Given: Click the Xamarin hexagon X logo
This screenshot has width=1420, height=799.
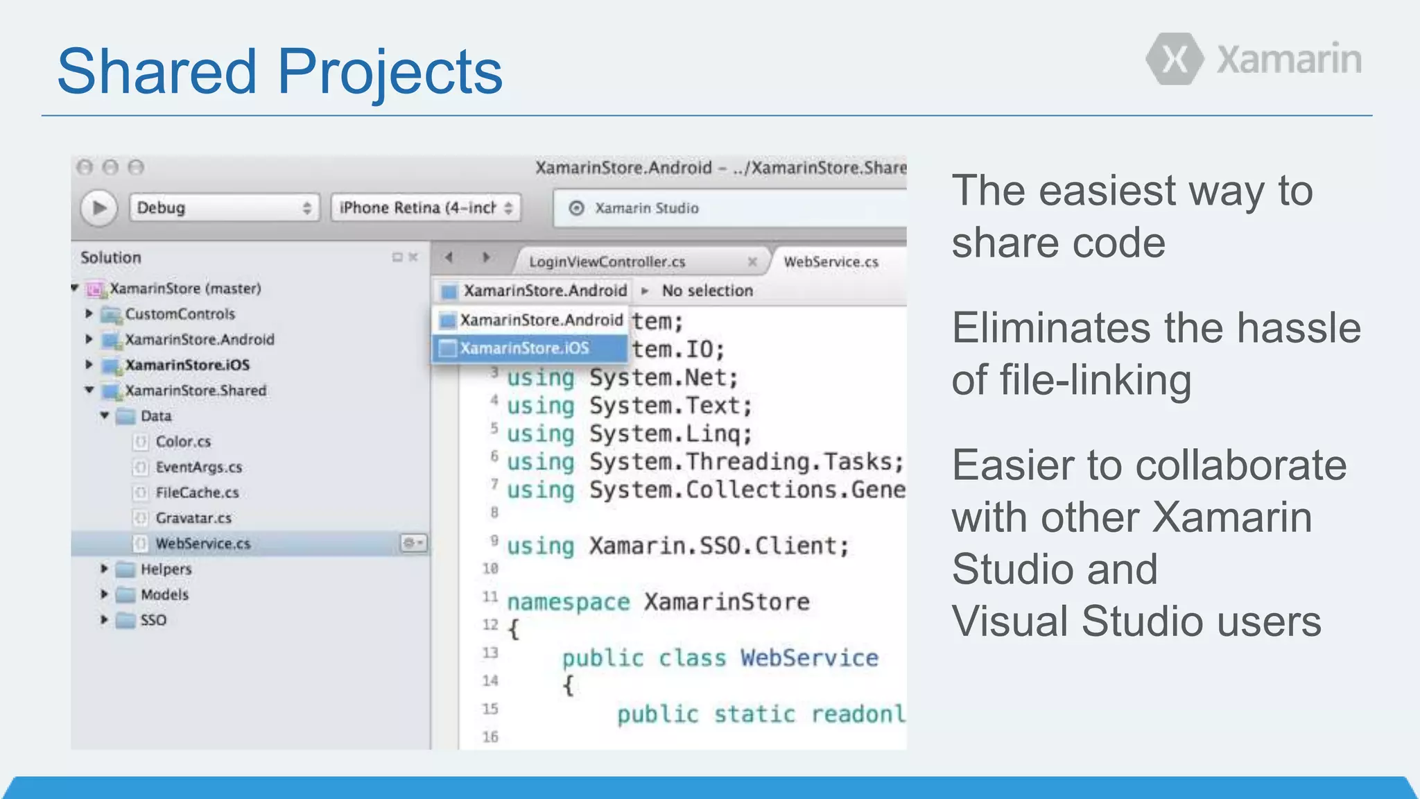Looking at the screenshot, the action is (1175, 59).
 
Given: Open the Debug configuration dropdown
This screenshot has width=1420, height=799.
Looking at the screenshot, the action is (224, 207).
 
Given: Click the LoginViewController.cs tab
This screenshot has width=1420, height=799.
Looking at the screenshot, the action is (607, 261).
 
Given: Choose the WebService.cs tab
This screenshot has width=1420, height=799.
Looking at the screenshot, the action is (831, 261).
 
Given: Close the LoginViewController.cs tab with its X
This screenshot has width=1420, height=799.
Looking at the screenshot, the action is (752, 261).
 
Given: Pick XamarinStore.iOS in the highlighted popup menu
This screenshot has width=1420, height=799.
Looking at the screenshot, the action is (524, 348).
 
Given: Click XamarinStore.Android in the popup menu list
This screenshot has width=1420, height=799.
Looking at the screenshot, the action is (541, 320).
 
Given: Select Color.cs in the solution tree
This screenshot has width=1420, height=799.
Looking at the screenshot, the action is (183, 442).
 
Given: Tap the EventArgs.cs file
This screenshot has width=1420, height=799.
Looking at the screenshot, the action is (198, 467).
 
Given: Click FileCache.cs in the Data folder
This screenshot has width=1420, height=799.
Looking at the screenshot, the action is (197, 492).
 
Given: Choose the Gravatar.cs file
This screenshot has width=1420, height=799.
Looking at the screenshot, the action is (193, 518).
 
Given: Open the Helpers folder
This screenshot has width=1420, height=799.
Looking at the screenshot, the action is (166, 569).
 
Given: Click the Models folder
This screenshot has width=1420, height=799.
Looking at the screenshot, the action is (164, 595).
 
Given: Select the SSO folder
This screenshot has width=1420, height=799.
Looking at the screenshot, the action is (153, 620).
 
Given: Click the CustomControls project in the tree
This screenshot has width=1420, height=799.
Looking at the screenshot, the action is (180, 314).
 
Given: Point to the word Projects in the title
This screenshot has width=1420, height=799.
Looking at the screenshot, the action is (390, 72).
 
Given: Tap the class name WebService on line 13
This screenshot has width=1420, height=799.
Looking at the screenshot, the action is (808, 658).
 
